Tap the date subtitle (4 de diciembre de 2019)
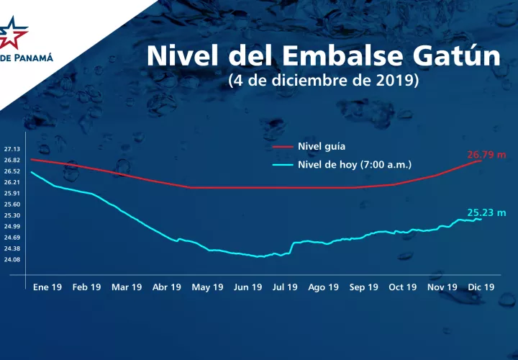pyautogui.click(x=324, y=81)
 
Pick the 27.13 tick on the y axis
pyautogui.click(x=12, y=149)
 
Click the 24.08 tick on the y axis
pyautogui.click(x=12, y=259)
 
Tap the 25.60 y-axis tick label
pyautogui.click(x=12, y=204)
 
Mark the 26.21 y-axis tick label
pyautogui.click(x=12, y=182)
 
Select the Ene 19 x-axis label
pyautogui.click(x=46, y=287)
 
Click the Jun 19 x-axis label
pyautogui.click(x=247, y=287)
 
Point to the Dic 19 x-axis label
pyautogui.click(x=481, y=287)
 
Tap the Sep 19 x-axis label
pyautogui.click(x=363, y=287)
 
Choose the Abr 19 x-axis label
pyautogui.click(x=166, y=287)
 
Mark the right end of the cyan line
pyautogui.click(x=481, y=219)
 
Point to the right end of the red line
pyautogui.click(x=481, y=161)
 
